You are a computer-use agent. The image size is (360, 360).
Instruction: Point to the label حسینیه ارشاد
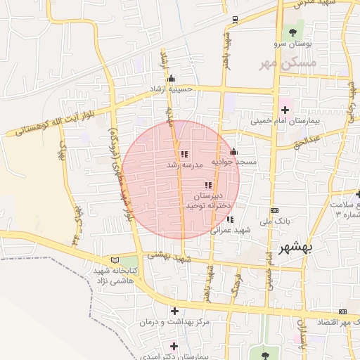(170, 89)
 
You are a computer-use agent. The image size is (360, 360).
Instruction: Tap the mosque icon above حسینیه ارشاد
(170, 78)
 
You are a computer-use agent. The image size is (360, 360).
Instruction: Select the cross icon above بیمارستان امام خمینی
(285, 110)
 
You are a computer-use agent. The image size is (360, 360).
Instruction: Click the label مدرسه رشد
(184, 165)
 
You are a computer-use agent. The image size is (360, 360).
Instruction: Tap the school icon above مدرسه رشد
(184, 154)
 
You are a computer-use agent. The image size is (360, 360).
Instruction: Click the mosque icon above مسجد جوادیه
(234, 151)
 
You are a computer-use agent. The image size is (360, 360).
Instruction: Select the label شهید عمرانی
(231, 230)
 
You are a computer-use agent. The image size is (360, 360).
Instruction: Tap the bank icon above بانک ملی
(274, 210)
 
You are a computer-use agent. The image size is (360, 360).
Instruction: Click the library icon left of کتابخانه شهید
(115, 259)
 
